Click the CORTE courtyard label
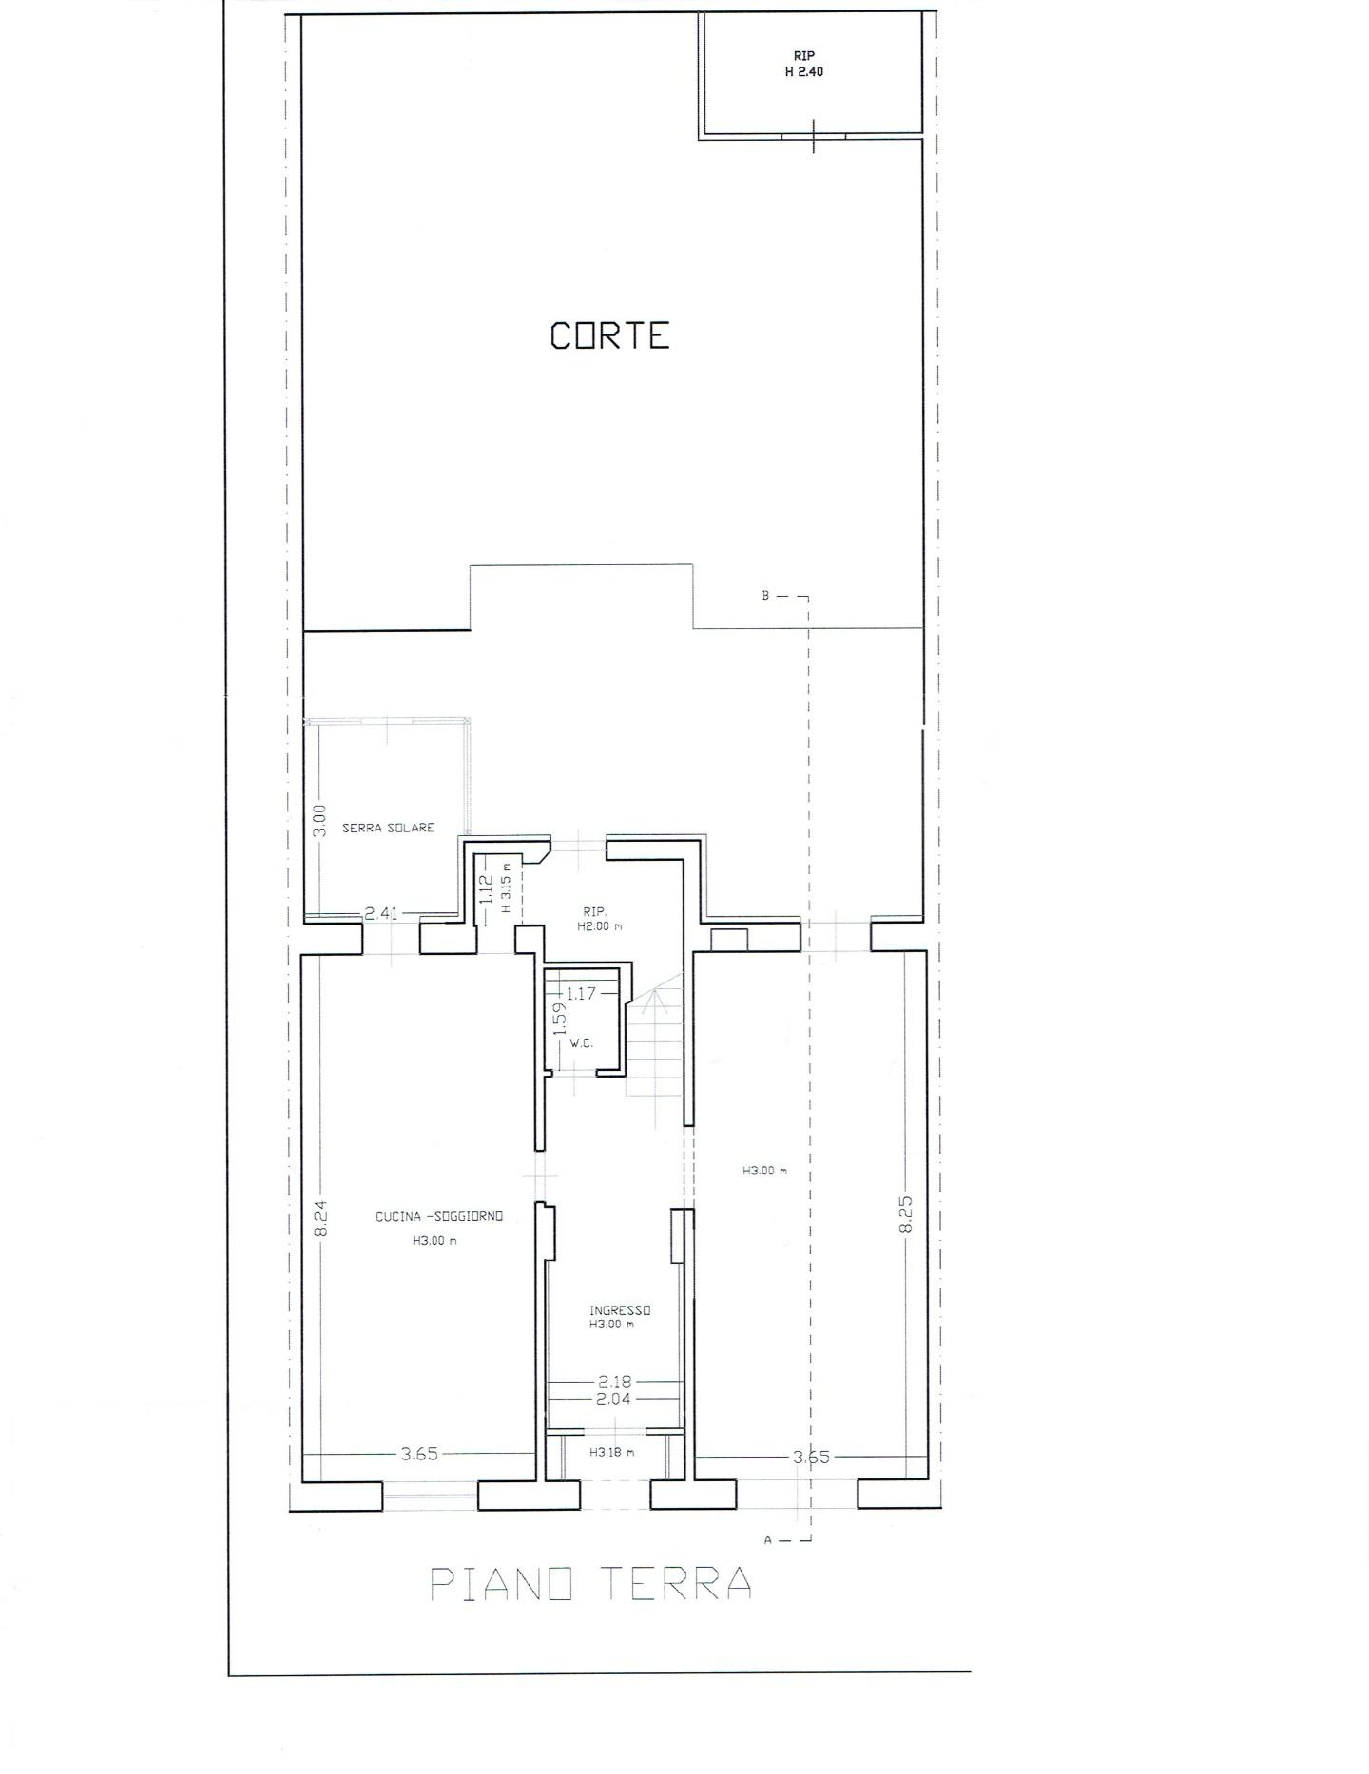tap(610, 335)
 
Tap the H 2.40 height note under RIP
tap(803, 71)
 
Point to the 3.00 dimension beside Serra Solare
tap(319, 820)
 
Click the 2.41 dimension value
tap(381, 914)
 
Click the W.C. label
tap(581, 1043)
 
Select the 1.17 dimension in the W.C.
tap(580, 994)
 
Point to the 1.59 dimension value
tap(560, 1020)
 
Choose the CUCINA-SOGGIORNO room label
tap(439, 1216)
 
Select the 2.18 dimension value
tap(615, 1382)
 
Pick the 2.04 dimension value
tap(615, 1400)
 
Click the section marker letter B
tap(765, 596)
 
